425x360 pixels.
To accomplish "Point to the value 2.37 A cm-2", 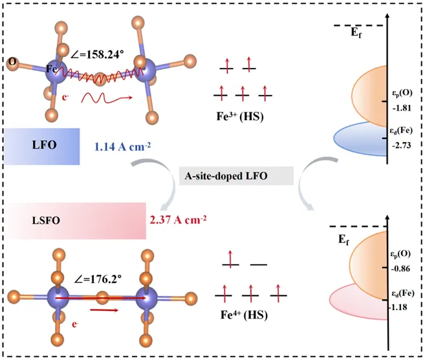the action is pos(178,220).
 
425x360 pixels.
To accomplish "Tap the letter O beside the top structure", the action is pos(12,62).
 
